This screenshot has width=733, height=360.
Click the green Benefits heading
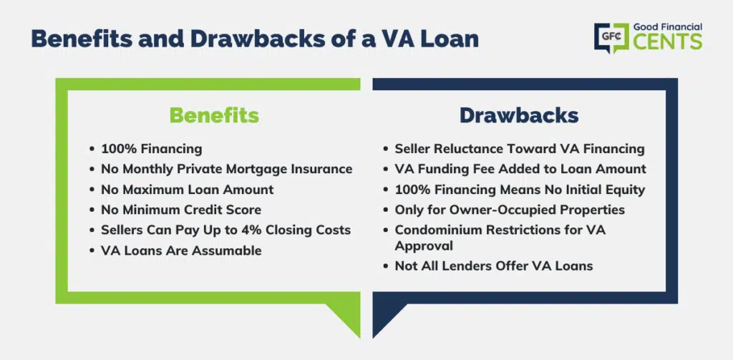(x=214, y=115)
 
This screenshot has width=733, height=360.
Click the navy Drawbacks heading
(x=519, y=115)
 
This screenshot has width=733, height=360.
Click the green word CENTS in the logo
(x=668, y=42)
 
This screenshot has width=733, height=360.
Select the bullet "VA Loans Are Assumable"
(x=181, y=250)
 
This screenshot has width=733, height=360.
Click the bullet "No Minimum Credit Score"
(x=181, y=210)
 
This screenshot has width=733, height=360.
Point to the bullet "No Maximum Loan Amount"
(x=187, y=190)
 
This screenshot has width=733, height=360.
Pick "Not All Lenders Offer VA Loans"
(x=494, y=266)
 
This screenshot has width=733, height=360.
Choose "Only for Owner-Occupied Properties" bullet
(x=510, y=210)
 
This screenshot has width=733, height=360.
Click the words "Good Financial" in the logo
(x=668, y=27)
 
